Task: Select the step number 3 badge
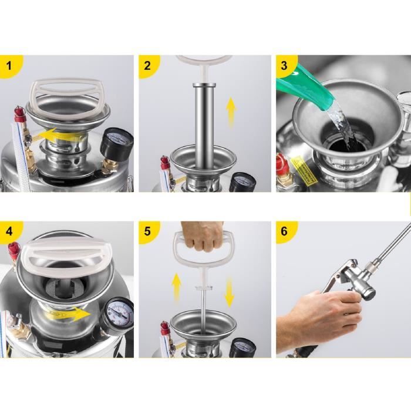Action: tap(285, 65)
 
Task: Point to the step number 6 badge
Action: tap(285, 231)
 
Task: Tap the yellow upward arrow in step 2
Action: tap(231, 112)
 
